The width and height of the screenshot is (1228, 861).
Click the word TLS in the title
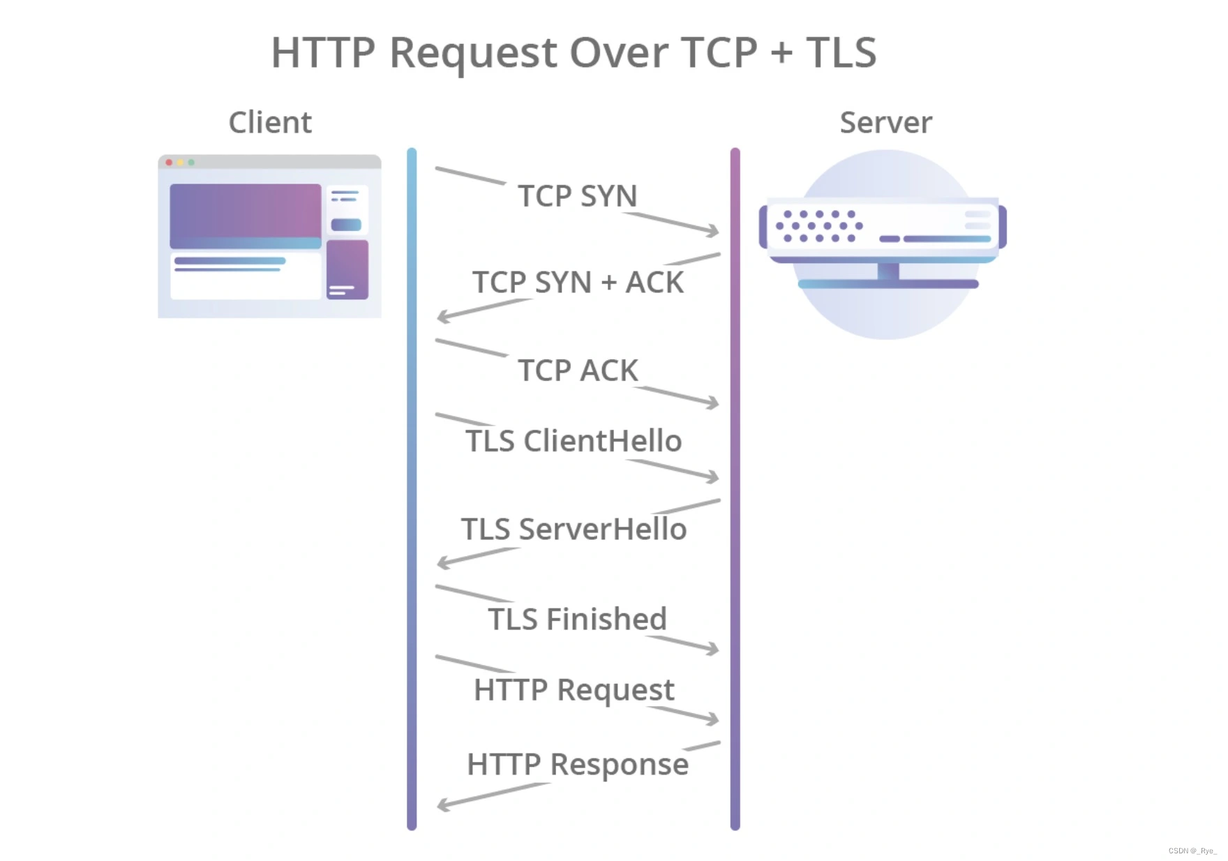point(841,52)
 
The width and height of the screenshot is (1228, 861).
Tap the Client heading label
point(270,123)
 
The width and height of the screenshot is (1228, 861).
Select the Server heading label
point(885,123)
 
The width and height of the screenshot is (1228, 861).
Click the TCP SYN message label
point(577,196)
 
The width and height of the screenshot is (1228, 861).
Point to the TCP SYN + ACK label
point(578,283)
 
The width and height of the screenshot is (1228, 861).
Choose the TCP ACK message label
point(578,370)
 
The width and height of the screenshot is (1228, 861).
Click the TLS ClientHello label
point(574,441)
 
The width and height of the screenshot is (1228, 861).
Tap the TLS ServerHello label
point(574,530)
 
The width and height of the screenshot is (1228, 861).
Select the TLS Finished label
point(577,619)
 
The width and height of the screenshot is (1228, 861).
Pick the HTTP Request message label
point(574,690)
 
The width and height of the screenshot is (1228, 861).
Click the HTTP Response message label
point(578,764)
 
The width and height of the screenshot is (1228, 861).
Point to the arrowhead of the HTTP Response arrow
point(442,805)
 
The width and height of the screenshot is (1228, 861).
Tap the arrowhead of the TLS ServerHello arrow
point(442,562)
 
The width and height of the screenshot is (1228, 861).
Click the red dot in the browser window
point(169,163)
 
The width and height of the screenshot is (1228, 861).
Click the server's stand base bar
point(888,284)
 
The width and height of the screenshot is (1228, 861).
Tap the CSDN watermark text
point(1192,851)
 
